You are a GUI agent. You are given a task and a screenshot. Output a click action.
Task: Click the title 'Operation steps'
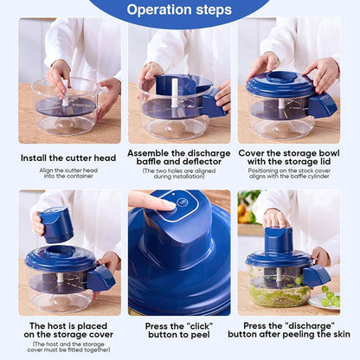point(179,10)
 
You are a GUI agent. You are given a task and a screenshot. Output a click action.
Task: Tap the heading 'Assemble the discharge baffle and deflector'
point(180,157)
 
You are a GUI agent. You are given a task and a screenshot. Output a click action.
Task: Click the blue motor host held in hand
point(56,224)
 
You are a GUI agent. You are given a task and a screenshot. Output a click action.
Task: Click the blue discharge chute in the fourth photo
point(100,277)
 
